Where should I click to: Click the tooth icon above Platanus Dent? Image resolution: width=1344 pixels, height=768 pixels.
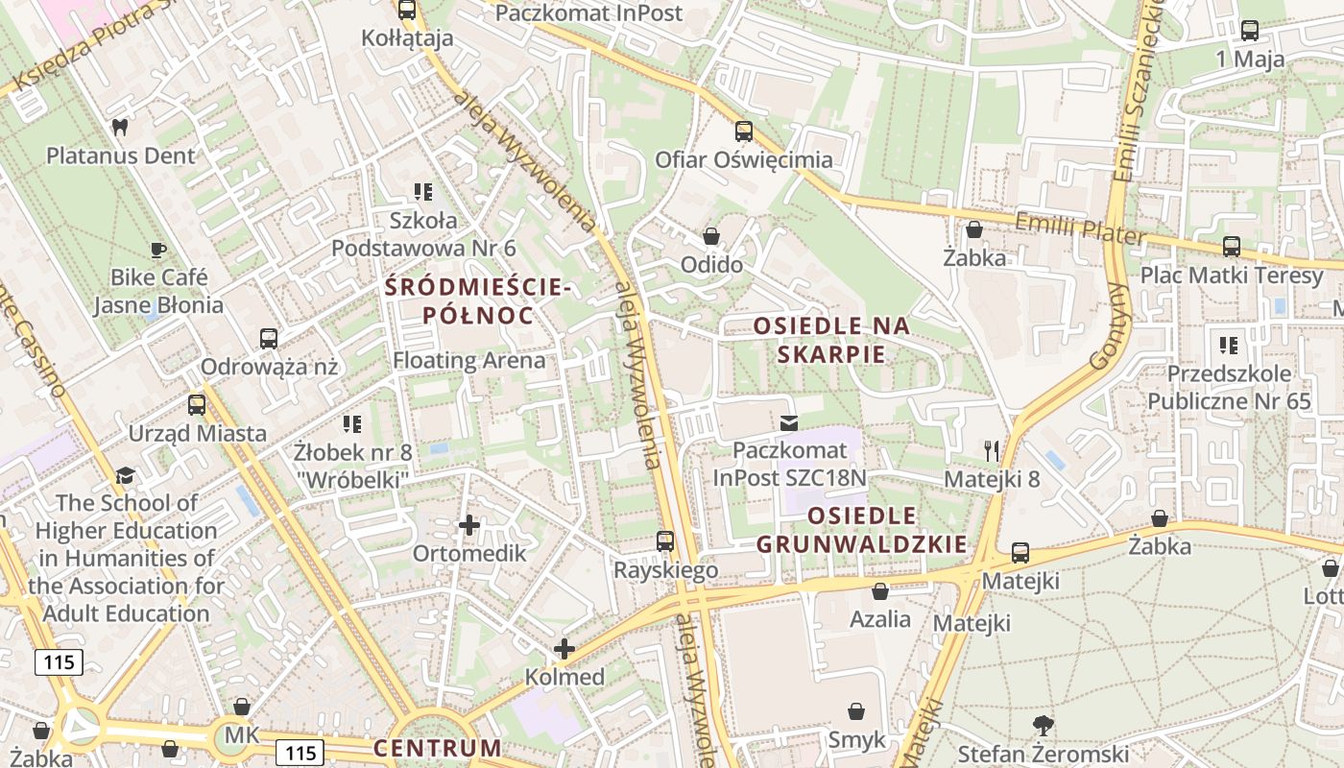point(120,127)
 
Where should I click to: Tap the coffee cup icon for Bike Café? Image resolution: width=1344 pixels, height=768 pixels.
point(158,250)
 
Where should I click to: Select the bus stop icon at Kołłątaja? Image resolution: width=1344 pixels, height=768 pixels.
point(407,11)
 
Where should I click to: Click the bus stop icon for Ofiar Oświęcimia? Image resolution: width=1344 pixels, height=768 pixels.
point(744,132)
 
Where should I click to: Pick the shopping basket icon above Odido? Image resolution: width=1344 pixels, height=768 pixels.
point(711,236)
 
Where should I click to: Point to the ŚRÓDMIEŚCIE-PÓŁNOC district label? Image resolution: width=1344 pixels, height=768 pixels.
point(478,300)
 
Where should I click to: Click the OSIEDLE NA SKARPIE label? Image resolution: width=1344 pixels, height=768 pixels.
point(831,339)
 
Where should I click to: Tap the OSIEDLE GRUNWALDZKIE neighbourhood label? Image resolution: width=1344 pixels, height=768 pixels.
point(862,529)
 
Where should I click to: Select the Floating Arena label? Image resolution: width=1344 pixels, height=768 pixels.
point(469,361)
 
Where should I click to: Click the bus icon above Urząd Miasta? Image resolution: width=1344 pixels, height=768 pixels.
point(197,405)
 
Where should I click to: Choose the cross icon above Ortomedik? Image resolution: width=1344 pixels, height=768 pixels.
point(469,525)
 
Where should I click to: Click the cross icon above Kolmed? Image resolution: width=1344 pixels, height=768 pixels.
point(564,649)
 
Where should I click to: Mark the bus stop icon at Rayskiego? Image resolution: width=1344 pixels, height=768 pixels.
point(665,541)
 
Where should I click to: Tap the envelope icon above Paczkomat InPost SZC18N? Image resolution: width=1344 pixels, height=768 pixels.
point(789,422)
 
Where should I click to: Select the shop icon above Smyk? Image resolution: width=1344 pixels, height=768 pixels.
point(856,712)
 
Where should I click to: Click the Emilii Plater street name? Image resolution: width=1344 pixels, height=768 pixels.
point(1080,228)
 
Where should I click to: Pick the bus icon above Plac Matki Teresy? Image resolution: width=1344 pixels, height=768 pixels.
point(1232,247)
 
